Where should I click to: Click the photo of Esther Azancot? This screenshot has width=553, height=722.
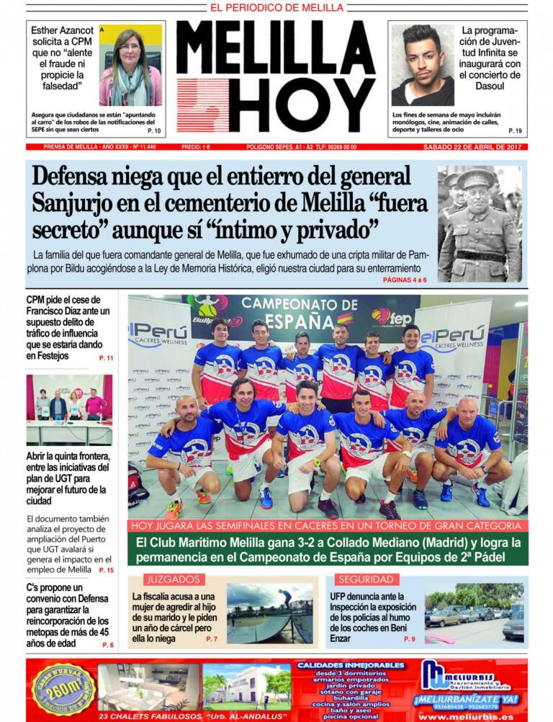130,66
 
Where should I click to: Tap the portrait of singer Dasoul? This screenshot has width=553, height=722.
422,66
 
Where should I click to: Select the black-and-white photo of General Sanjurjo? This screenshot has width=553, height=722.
480,223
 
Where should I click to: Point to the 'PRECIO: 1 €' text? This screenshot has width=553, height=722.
196,147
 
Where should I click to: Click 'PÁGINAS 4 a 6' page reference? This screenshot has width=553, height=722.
405,279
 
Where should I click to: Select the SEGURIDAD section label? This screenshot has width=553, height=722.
366,579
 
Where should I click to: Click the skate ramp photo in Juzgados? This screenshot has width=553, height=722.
269,612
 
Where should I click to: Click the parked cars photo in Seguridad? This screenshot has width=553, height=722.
474,612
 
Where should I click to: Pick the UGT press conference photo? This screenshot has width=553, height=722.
69,409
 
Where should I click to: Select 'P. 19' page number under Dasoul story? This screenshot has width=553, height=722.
515,130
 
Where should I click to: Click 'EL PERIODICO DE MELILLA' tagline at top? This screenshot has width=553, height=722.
276,7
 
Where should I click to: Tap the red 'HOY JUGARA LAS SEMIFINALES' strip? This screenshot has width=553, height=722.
328,525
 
